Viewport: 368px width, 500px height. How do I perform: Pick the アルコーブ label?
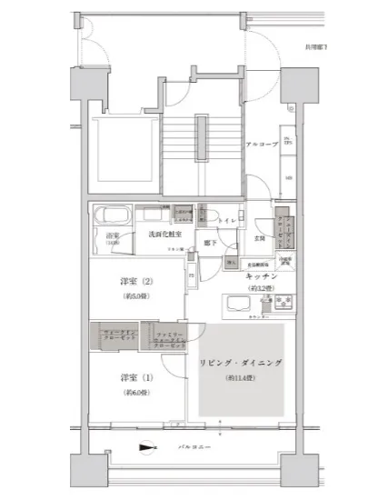click(261, 145)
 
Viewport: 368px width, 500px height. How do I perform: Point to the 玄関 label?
click(258, 239)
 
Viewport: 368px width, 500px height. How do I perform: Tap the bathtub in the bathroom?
click(113, 217)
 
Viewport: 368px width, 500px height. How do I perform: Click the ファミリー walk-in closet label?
click(165, 338)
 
